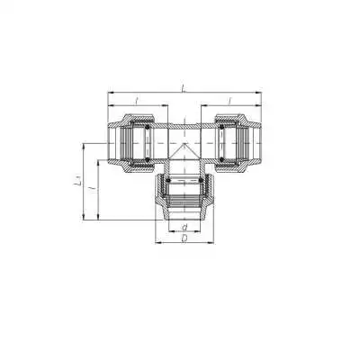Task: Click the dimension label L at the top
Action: click(x=184, y=87)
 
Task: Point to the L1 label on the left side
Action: click(x=78, y=183)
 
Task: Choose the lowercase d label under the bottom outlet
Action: click(x=184, y=227)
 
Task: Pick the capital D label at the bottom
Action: click(x=184, y=239)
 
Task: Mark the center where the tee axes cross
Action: click(x=184, y=141)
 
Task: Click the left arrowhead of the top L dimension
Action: click(x=110, y=93)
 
